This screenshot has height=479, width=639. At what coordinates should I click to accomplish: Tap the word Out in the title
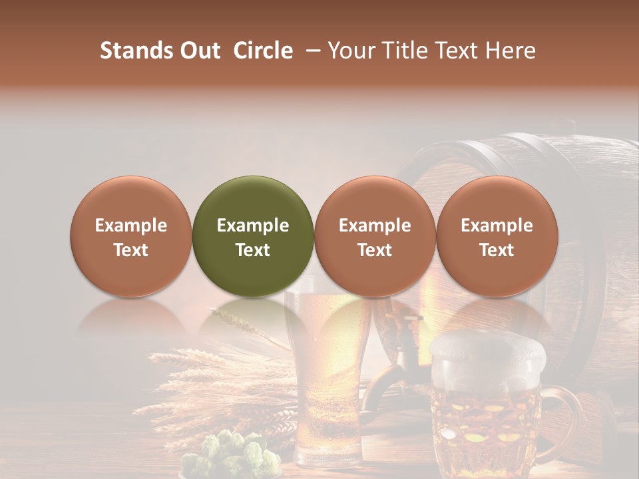[198, 51]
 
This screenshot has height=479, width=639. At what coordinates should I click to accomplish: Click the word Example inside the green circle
[253, 226]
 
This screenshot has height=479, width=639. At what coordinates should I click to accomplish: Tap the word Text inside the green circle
[253, 250]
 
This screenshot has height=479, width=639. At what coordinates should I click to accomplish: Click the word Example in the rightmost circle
[497, 226]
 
